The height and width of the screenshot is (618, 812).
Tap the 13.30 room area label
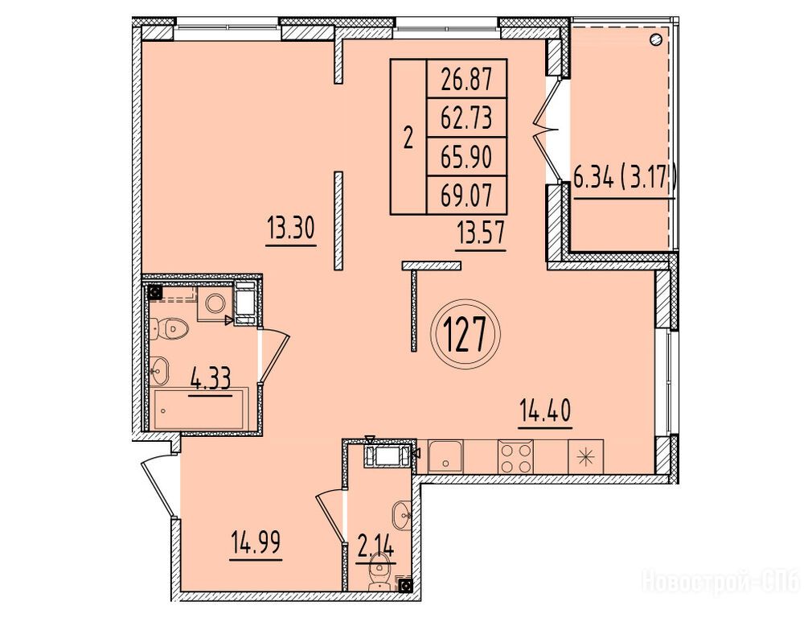pyautogui.click(x=290, y=228)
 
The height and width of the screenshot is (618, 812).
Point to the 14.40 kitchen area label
pyautogui.click(x=545, y=411)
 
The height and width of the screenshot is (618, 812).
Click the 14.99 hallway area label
pyautogui.click(x=256, y=543)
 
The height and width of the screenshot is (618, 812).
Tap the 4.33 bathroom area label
pyautogui.click(x=211, y=378)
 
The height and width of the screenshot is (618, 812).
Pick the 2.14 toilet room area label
pyautogui.click(x=376, y=546)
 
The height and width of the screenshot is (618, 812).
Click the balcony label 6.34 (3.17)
pyautogui.click(x=625, y=179)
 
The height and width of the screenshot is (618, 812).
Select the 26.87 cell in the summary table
pyautogui.click(x=466, y=79)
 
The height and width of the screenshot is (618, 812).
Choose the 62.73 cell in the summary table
pyautogui.click(x=466, y=117)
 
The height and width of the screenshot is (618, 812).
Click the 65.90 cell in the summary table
pyautogui.click(x=466, y=157)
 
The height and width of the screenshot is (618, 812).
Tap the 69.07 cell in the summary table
pyautogui.click(x=466, y=196)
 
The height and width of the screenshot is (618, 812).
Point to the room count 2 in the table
pyautogui.click(x=408, y=138)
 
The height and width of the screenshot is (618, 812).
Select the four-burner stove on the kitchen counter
pyautogui.click(x=515, y=457)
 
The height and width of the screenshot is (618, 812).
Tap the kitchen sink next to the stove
pyautogui.click(x=446, y=457)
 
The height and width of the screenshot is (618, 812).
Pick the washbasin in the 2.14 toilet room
pyautogui.click(x=402, y=515)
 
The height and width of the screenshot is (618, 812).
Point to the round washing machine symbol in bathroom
pyautogui.click(x=215, y=303)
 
